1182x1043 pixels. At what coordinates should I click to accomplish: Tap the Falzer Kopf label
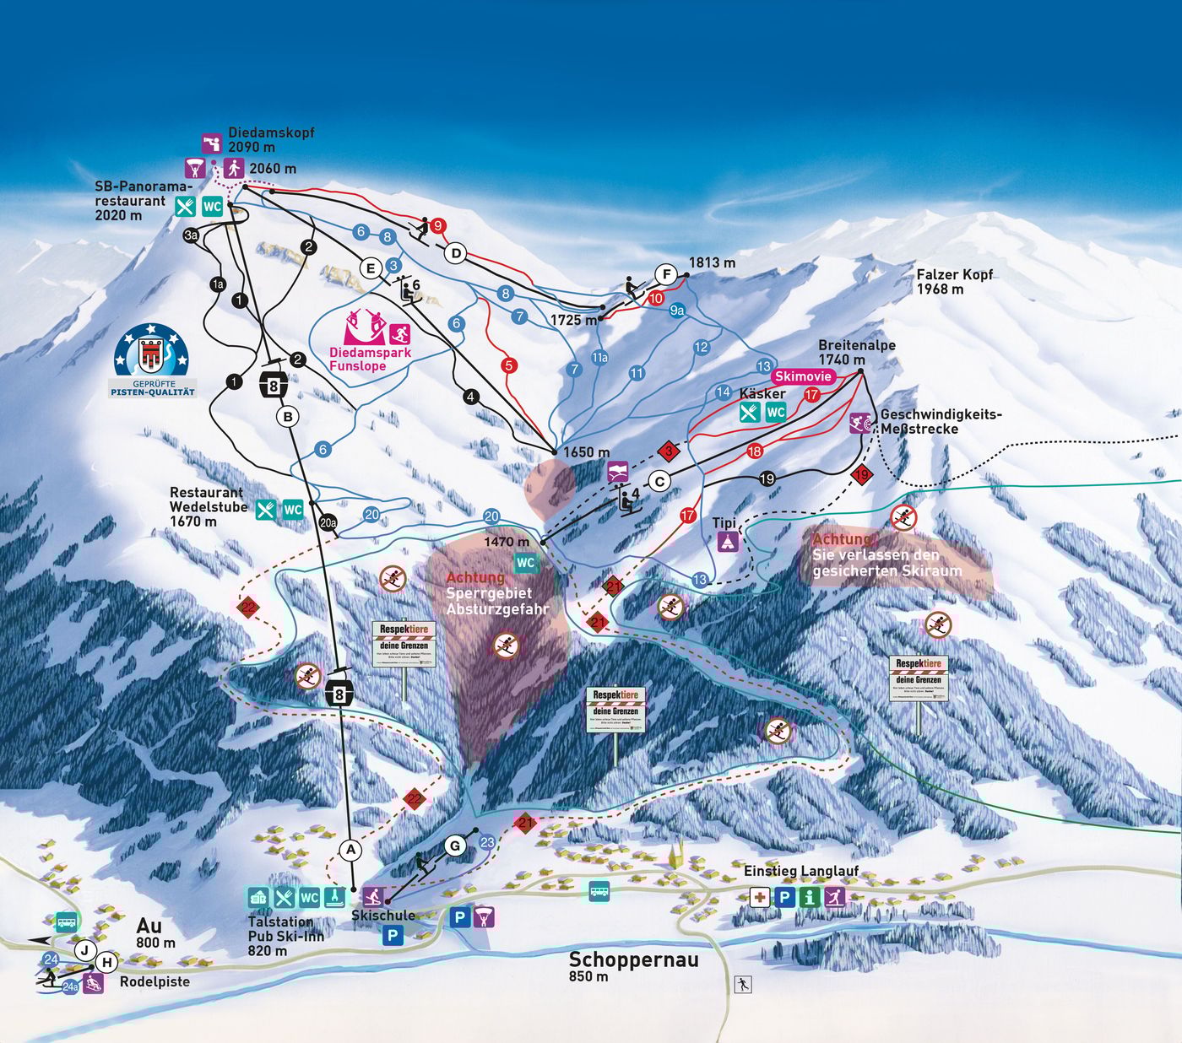(x=954, y=275)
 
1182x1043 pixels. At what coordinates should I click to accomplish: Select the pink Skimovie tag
(x=803, y=376)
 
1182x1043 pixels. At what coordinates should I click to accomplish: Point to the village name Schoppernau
(x=633, y=959)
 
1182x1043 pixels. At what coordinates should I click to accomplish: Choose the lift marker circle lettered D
(x=456, y=253)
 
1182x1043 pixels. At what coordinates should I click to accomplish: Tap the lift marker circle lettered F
(x=667, y=275)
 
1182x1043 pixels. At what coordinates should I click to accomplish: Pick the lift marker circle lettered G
(x=456, y=846)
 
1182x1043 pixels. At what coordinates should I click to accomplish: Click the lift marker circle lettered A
(x=351, y=850)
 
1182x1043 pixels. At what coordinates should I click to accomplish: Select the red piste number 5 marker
(x=508, y=365)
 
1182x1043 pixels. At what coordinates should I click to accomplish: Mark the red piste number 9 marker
(x=437, y=226)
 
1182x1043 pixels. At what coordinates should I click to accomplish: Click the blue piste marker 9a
(x=676, y=311)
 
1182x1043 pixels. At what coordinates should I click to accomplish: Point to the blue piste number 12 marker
(x=702, y=347)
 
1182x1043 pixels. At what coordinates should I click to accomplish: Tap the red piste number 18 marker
(x=755, y=451)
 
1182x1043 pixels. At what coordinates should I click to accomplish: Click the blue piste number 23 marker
(x=487, y=842)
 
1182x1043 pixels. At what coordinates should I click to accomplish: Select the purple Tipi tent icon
(x=728, y=542)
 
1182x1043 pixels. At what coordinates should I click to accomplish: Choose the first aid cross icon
(x=759, y=897)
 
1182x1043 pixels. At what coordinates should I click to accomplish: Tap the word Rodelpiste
(x=155, y=982)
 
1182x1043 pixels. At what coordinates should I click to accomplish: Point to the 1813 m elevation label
(x=712, y=263)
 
